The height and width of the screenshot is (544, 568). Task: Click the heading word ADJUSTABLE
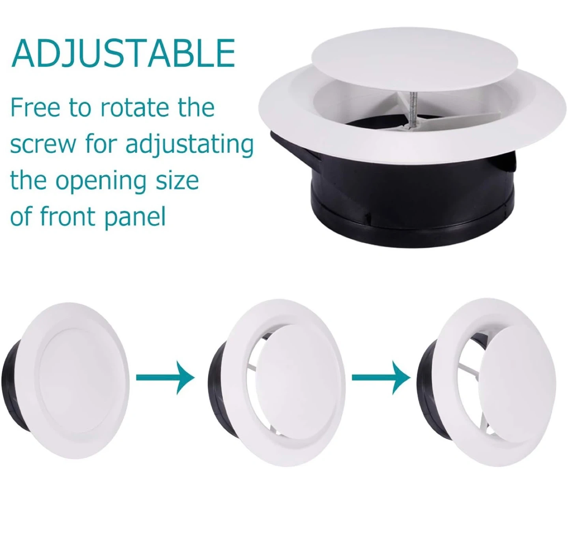click(x=123, y=53)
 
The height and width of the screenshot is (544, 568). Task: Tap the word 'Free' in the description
click(x=35, y=108)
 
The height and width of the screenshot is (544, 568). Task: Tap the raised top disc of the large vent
click(x=415, y=56)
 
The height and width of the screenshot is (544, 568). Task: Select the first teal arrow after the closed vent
click(x=165, y=378)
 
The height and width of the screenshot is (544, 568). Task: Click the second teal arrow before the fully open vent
click(x=381, y=378)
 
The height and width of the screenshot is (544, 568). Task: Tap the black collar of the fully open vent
click(x=429, y=394)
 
